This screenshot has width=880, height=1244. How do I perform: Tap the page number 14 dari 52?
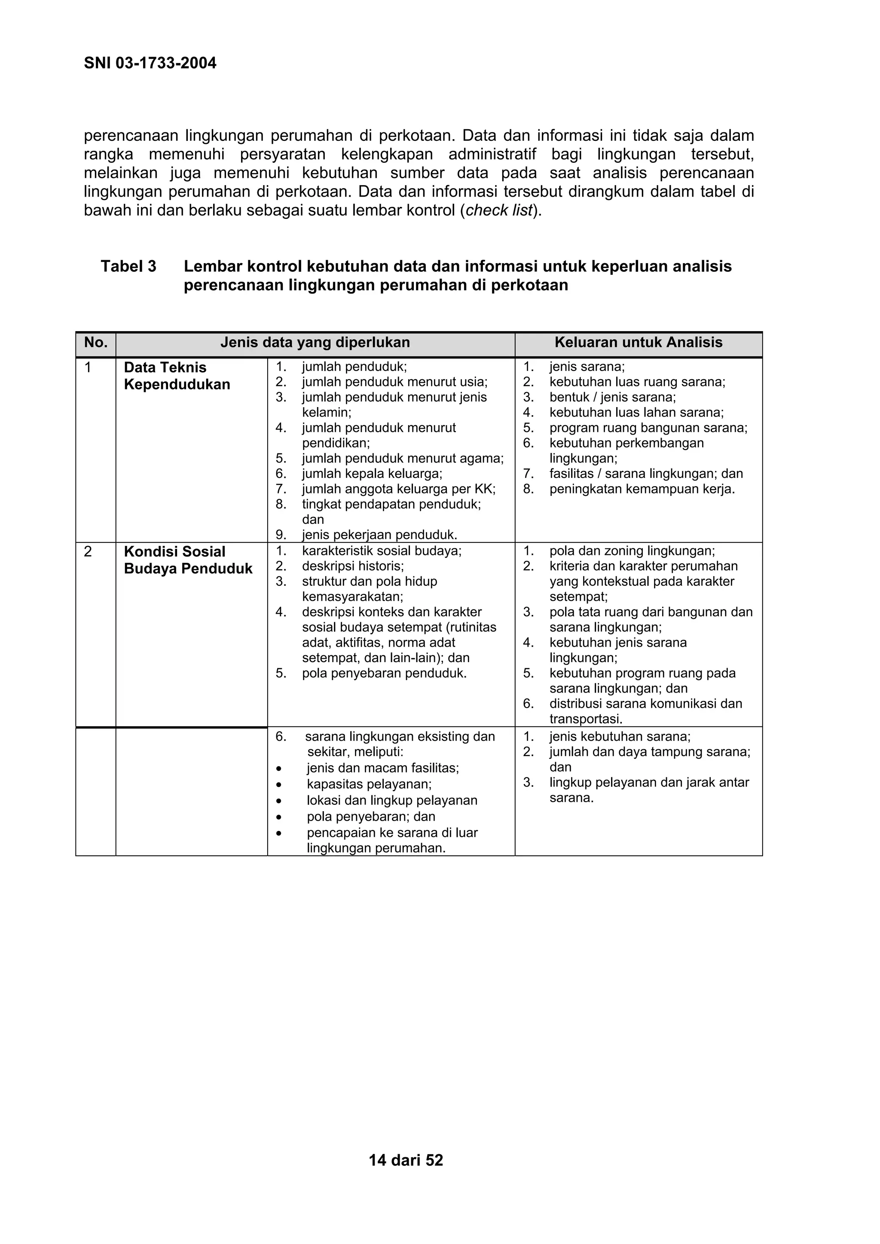pyautogui.click(x=406, y=1159)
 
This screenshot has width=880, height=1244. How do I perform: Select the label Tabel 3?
pyautogui.click(x=128, y=266)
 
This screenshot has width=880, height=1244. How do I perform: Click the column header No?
pyautogui.click(x=95, y=342)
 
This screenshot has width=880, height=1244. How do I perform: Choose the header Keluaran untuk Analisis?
pyautogui.click(x=638, y=342)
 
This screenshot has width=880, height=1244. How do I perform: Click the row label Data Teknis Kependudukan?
pyautogui.click(x=177, y=376)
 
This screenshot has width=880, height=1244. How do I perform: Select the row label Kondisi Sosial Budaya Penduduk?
pyautogui.click(x=188, y=560)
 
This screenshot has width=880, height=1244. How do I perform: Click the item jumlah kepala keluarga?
pyautogui.click(x=372, y=474)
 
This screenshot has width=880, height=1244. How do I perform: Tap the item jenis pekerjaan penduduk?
pyautogui.click(x=379, y=535)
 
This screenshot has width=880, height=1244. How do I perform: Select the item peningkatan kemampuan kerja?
pyautogui.click(x=642, y=489)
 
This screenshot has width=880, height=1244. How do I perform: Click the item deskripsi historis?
pyautogui.click(x=353, y=566)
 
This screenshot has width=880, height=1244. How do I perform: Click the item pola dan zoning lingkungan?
pyautogui.click(x=632, y=551)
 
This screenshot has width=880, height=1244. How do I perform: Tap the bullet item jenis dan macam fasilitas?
pyautogui.click(x=383, y=768)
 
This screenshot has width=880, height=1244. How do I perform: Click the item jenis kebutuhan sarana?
pyautogui.click(x=620, y=736)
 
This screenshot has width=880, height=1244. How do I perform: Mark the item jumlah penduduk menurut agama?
pyautogui.click(x=402, y=458)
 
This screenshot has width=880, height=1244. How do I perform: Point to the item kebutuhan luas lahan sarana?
pyautogui.click(x=636, y=412)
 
